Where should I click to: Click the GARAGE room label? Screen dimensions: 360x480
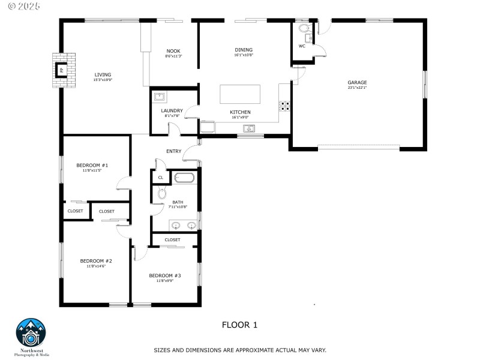point(357,82)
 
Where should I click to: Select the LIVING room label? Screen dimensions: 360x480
point(103,74)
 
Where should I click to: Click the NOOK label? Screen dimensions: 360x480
point(173,51)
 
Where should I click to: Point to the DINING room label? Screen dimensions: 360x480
point(244,50)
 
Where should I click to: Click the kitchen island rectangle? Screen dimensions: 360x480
point(240,95)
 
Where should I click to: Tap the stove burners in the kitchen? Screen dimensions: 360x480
point(284,106)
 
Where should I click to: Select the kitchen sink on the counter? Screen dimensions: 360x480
point(249,128)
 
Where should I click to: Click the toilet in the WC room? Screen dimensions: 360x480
point(303,28)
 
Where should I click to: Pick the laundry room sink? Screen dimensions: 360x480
point(160,97)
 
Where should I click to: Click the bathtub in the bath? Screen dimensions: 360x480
point(184,178)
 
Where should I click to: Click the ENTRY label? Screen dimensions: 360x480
point(174,151)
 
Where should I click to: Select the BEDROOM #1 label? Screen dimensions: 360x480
point(92,165)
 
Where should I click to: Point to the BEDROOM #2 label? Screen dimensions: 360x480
point(96,261)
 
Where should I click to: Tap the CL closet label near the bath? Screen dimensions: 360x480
point(160,178)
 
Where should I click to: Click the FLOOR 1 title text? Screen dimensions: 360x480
point(239,325)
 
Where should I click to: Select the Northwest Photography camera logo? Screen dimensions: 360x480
point(30,332)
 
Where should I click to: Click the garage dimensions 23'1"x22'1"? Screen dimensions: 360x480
point(357,88)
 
